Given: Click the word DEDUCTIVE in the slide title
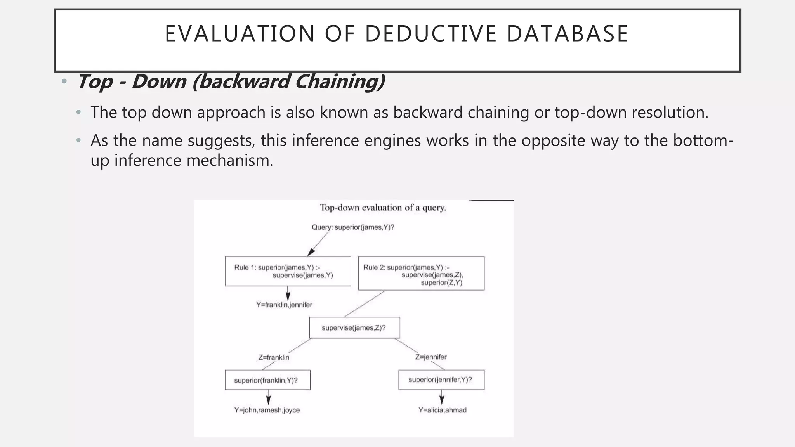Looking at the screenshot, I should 430,33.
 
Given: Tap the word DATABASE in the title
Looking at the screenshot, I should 567,33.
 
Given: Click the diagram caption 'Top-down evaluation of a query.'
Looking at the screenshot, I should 383,208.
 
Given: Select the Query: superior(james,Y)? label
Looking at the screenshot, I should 353,227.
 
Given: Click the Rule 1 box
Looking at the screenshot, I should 288,271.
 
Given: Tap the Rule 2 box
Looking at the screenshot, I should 421,273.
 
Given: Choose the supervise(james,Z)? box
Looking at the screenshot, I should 354,328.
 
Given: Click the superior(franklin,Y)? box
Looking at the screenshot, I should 267,380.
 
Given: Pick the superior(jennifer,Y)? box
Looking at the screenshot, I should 441,379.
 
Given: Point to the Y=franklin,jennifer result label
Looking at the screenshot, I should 284,305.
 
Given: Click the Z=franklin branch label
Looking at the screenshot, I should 274,357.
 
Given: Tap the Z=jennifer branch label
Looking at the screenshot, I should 431,357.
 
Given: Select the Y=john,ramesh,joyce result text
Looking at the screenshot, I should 267,410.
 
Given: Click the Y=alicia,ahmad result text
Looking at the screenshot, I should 442,410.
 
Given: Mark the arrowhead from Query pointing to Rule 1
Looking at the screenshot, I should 311,252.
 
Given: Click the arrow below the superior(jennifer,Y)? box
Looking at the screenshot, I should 442,398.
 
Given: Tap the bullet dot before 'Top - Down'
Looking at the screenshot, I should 64,81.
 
